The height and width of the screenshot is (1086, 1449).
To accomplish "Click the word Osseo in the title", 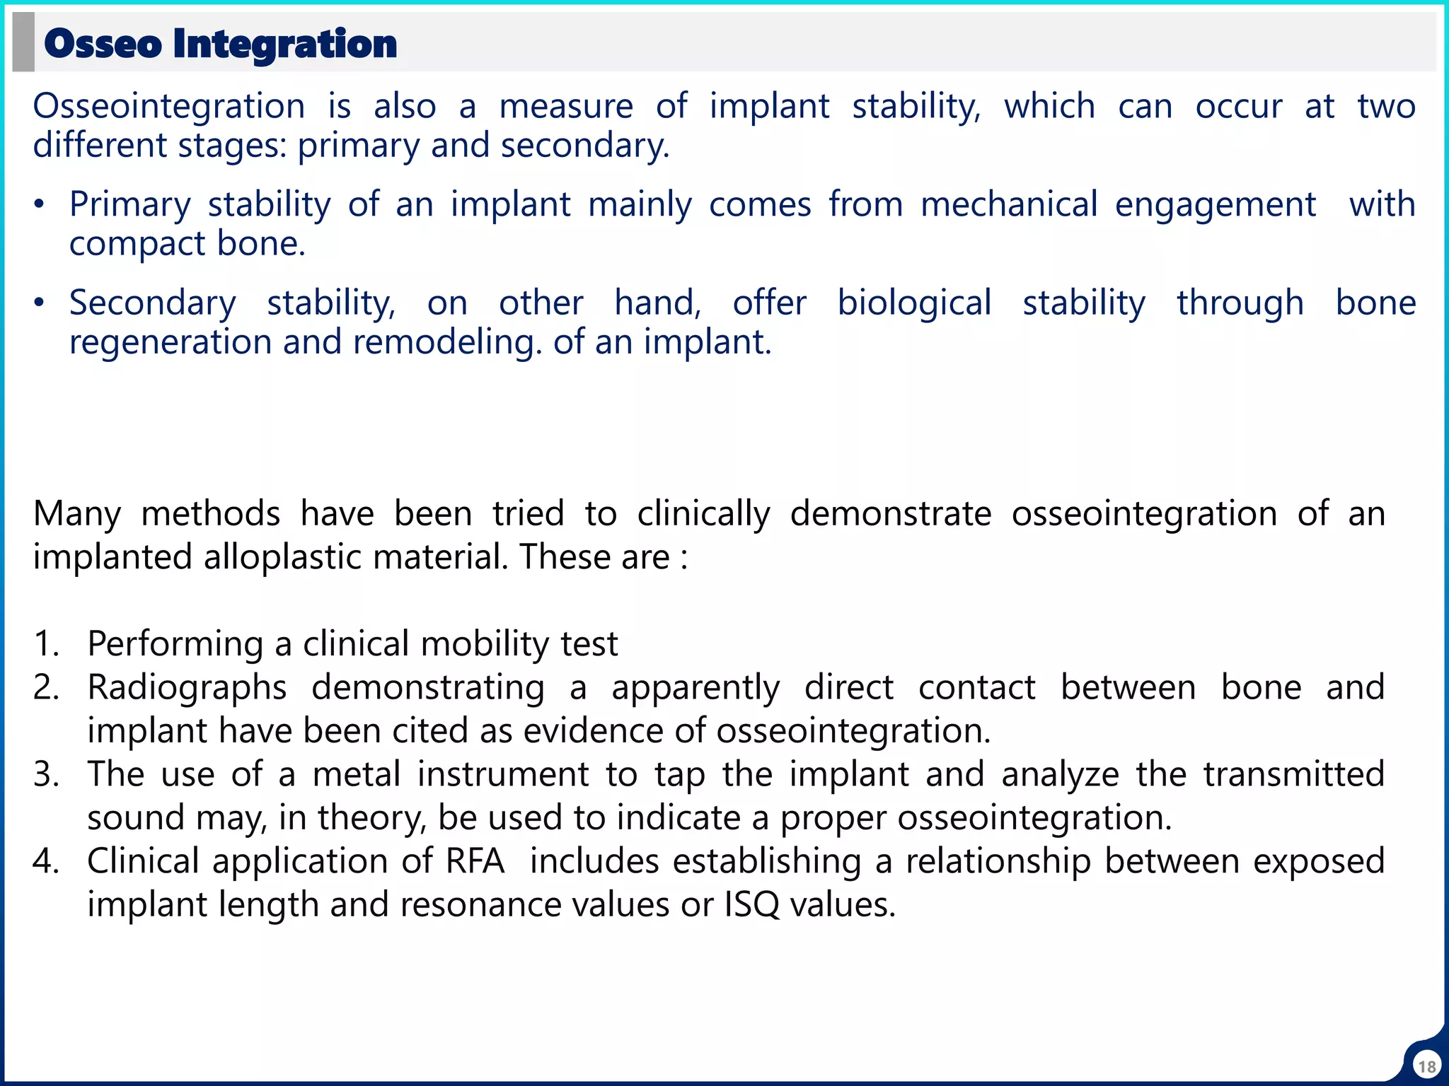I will click(103, 44).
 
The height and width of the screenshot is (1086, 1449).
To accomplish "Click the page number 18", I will click(1426, 1066).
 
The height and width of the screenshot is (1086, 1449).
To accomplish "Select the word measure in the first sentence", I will click(566, 107).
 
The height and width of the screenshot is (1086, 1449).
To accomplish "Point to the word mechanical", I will click(1009, 205).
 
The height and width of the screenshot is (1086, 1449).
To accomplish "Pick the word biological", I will click(914, 303).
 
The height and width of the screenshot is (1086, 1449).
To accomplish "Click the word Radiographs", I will click(187, 687).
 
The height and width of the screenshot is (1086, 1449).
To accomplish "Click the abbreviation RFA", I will click(475, 861).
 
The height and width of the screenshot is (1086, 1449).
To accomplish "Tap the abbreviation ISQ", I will click(751, 905).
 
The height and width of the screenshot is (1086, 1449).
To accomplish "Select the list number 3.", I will click(44, 774).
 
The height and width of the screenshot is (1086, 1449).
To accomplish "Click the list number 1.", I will click(44, 644).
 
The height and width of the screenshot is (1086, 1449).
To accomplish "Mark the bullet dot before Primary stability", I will click(40, 206).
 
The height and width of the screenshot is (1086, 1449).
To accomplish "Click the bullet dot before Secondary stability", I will click(40, 304).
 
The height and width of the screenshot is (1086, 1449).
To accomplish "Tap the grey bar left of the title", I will click(23, 42).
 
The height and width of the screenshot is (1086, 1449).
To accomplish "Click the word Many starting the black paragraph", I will click(77, 514).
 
